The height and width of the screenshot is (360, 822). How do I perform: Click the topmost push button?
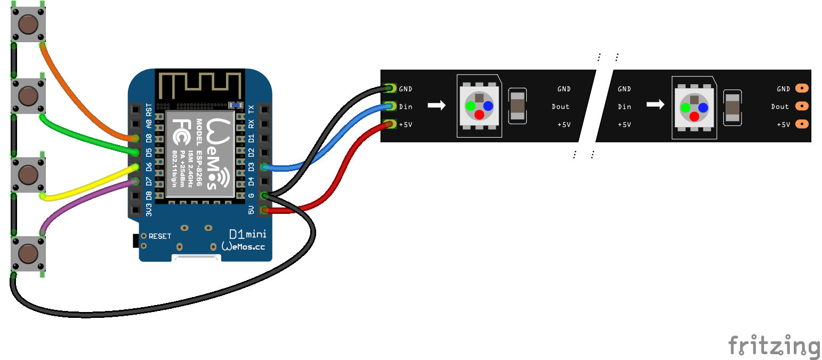tap(28, 23)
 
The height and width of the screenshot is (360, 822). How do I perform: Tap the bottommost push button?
tap(28, 253)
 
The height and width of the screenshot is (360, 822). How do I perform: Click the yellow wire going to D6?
tap(85, 187)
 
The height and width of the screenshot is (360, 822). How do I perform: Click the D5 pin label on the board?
tap(149, 153)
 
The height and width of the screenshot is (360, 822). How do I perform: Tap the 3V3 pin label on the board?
tap(149, 210)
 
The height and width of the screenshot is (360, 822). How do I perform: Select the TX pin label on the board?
tap(252, 110)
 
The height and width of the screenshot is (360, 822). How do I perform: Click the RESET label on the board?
tap(160, 236)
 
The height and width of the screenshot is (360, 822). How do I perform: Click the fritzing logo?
tap(774, 347)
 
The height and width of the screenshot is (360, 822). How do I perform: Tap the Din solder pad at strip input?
tap(391, 106)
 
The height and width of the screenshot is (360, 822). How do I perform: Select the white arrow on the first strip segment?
tap(436, 106)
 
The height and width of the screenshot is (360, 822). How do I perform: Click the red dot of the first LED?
tap(479, 115)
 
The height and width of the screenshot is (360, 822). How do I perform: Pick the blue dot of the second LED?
tap(703, 108)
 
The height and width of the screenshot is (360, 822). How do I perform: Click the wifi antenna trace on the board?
tap(200, 85)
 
